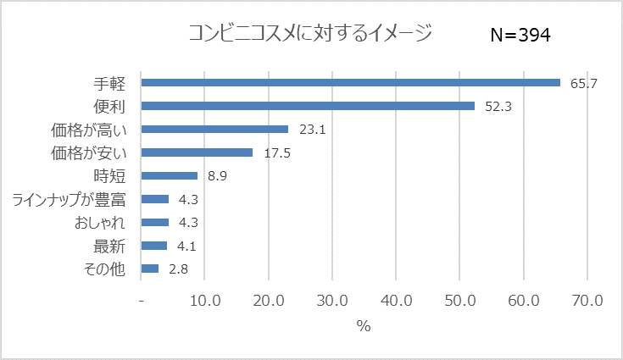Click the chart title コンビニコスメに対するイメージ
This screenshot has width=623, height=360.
pyautogui.click(x=309, y=34)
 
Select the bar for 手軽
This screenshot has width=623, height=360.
pyautogui.click(x=351, y=83)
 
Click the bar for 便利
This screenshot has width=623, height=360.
pyautogui.click(x=308, y=106)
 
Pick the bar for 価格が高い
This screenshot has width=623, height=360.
pyautogui.click(x=214, y=130)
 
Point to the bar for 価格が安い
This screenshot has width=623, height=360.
pyautogui.click(x=197, y=152)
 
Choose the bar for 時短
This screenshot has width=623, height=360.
pyautogui.click(x=170, y=176)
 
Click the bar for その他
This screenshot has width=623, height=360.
pyautogui.click(x=150, y=269)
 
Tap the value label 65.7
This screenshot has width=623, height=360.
pyautogui.click(x=585, y=83)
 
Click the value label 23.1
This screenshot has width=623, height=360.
pyautogui.click(x=313, y=130)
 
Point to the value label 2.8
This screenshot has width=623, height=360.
pyautogui.click(x=179, y=269)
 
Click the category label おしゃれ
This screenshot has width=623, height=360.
pyautogui.click(x=100, y=223)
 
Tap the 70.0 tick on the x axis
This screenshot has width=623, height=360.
pyautogui.click(x=587, y=301)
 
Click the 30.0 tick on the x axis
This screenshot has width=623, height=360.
pyautogui.click(x=332, y=301)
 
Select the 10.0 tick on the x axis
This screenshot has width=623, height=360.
pyautogui.click(x=205, y=301)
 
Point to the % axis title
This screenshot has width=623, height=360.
pyautogui.click(x=364, y=326)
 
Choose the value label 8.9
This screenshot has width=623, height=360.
pyautogui.click(x=218, y=176)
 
